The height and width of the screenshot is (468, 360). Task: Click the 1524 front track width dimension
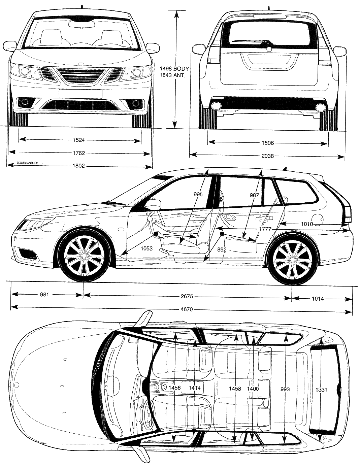[x=78, y=140]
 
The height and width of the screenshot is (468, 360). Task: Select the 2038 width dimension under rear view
[x=268, y=156]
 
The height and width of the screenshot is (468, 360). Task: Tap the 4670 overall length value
[x=187, y=309]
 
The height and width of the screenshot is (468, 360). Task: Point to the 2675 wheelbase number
[x=187, y=296]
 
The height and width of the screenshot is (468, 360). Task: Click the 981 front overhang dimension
[x=44, y=294]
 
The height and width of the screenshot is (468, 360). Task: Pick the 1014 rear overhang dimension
[x=318, y=299]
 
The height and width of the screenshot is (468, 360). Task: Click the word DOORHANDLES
[x=27, y=163]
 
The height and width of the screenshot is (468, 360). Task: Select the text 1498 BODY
[x=174, y=69]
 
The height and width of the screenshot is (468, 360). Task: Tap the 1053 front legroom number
[x=146, y=248]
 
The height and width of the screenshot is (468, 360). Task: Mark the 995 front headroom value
[x=198, y=195]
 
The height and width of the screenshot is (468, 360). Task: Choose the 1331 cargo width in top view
[x=321, y=390]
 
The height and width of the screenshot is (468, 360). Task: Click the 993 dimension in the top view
[x=285, y=390]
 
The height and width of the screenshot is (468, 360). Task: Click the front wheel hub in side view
[x=84, y=255]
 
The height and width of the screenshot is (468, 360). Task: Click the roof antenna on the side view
[x=286, y=169]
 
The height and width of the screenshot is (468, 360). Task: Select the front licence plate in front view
[x=80, y=94]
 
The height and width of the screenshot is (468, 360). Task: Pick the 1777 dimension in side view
[x=265, y=229]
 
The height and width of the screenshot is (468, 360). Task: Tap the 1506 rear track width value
[x=268, y=143]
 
